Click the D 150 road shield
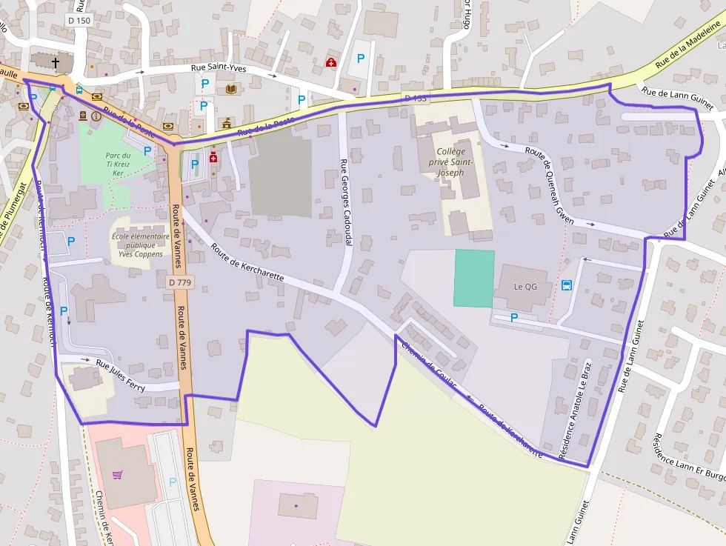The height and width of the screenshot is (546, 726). (x=79, y=21)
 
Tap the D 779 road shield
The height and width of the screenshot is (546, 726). (x=179, y=282)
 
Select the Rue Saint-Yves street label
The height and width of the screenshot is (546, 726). (x=218, y=68)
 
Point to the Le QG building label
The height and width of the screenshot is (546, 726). (x=525, y=287)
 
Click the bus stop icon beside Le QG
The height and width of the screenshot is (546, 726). (x=567, y=285)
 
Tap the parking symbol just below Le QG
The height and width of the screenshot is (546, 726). (x=514, y=317)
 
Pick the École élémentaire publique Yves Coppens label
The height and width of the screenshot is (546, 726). (x=136, y=245)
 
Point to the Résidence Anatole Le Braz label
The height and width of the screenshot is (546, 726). (x=575, y=411)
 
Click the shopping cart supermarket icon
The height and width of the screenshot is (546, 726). (x=117, y=475)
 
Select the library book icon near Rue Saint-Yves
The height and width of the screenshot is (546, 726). (x=230, y=90)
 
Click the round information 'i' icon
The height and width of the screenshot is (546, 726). (x=96, y=116)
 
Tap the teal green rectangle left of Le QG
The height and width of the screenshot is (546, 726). (x=474, y=278)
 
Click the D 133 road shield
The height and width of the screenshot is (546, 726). (x=416, y=99)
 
